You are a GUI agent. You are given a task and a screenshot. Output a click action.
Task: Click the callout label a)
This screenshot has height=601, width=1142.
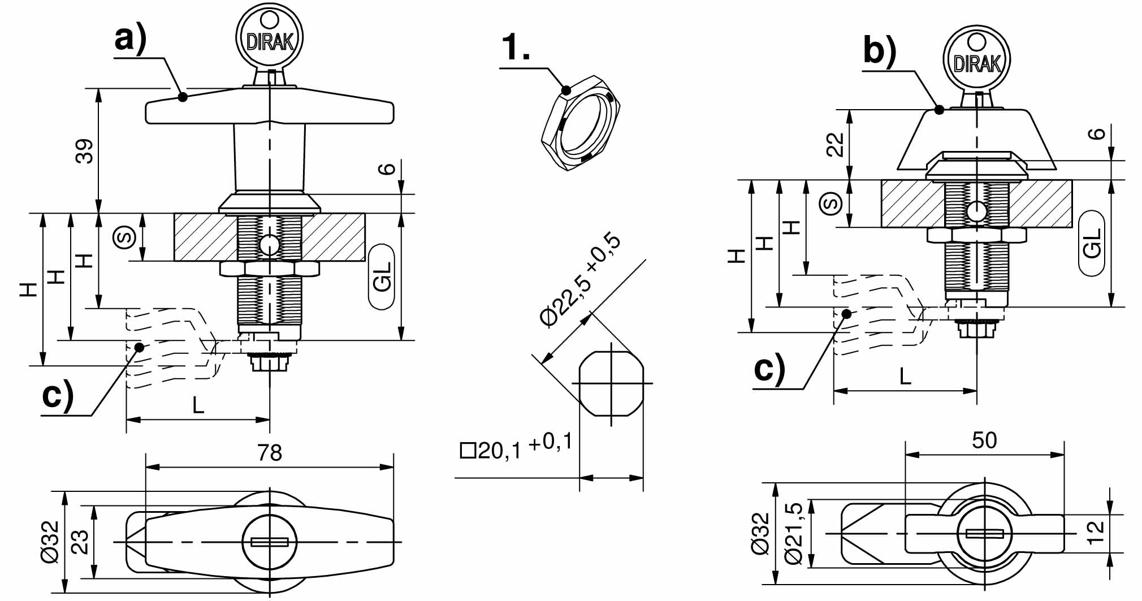pyautogui.click(x=131, y=40)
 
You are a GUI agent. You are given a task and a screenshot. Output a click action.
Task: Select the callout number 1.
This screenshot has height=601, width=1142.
pyautogui.click(x=516, y=47)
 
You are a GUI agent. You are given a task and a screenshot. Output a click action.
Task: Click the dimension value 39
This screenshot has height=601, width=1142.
pyautogui.click(x=85, y=151)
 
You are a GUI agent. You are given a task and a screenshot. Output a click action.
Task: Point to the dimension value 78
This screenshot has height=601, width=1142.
pyautogui.click(x=269, y=453)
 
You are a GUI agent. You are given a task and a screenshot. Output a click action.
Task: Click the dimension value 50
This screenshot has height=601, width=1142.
pyautogui.click(x=984, y=440)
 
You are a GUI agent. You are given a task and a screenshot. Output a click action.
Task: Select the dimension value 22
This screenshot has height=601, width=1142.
pyautogui.click(x=836, y=144)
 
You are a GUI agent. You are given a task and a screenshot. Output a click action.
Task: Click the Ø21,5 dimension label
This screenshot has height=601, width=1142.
pyautogui.click(x=794, y=533)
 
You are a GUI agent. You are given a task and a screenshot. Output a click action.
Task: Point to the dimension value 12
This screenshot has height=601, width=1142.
pyautogui.click(x=1095, y=532)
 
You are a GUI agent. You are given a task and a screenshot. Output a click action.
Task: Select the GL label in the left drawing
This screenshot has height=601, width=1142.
pyautogui.click(x=382, y=278)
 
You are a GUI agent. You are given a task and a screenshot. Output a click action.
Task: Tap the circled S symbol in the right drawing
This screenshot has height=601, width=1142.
pyautogui.click(x=831, y=204)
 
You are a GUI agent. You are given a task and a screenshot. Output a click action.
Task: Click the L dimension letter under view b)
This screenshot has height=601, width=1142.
pyautogui.click(x=905, y=376)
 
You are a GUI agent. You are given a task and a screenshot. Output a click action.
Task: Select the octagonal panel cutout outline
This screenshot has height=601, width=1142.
pyautogui.click(x=611, y=384)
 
